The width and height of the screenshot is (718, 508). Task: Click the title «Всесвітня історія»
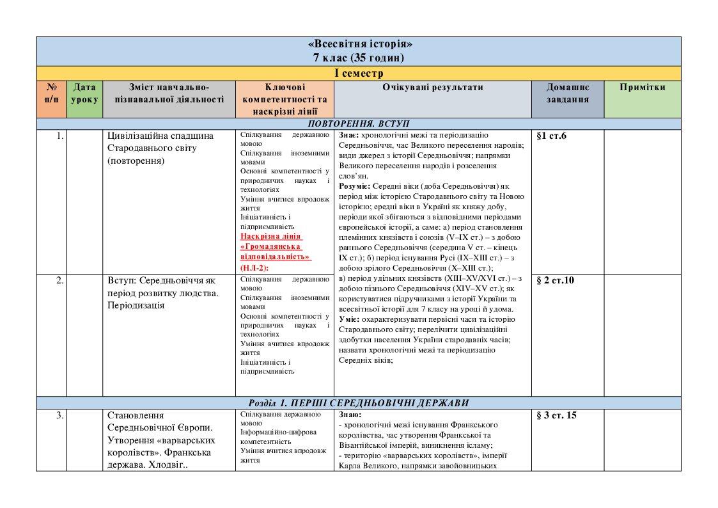[359, 44]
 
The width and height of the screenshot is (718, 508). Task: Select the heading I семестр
[359, 73]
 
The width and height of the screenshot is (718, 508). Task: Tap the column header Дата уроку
[84, 93]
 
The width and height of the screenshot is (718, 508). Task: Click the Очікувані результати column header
[433, 88]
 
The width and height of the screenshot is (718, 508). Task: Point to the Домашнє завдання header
[568, 93]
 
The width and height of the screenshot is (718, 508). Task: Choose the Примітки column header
[642, 88]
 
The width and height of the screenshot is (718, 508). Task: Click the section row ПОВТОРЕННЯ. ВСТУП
[359, 123]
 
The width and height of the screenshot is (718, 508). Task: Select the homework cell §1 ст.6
[552, 136]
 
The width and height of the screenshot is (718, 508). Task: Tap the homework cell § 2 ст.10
[555, 280]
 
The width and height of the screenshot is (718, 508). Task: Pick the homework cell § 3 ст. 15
[556, 415]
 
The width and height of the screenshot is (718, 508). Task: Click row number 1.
[59, 136]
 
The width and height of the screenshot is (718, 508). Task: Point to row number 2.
[59, 280]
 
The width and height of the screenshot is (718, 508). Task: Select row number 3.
[59, 415]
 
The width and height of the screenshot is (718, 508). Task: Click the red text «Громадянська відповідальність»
[275, 251]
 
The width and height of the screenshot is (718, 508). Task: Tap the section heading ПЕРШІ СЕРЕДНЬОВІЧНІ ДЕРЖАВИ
[381, 403]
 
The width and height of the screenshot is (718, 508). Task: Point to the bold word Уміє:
[348, 319]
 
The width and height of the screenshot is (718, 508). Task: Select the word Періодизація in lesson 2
[137, 305]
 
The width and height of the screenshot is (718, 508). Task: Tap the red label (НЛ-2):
[255, 267]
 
